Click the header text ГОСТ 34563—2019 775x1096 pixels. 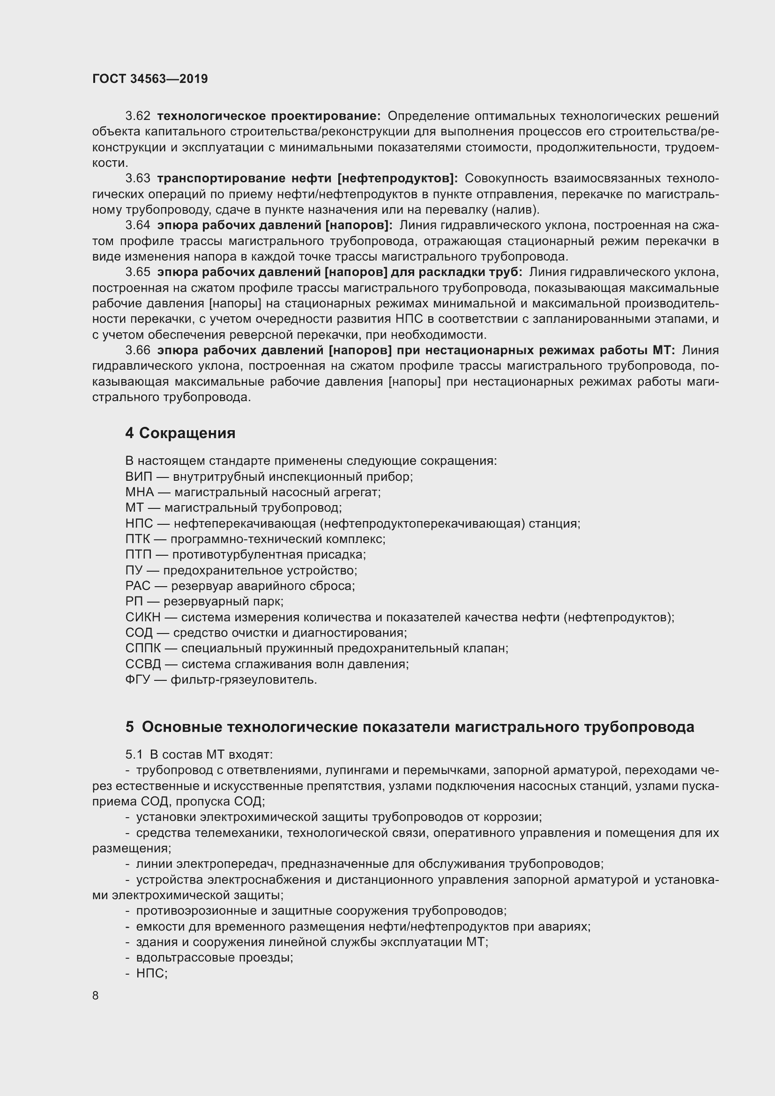click(x=150, y=79)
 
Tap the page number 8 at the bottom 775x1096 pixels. click(x=96, y=995)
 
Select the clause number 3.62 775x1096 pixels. click(x=138, y=116)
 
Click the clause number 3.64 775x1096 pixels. click(x=138, y=225)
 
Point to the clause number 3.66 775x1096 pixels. click(x=138, y=350)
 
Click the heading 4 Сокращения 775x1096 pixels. click(x=180, y=433)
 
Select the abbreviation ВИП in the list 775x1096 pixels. click(x=138, y=477)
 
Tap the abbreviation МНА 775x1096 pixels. click(x=139, y=492)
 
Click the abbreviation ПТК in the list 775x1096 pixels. click(x=137, y=539)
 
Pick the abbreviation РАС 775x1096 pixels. click(x=137, y=586)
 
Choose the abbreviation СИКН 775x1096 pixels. click(x=143, y=617)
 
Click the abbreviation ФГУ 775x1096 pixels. click(x=138, y=679)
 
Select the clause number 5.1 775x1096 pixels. click(x=134, y=754)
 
